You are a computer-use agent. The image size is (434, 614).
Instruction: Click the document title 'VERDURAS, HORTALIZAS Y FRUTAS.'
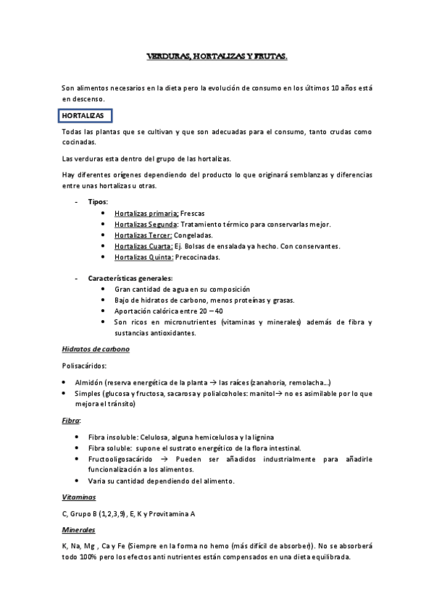[217, 56]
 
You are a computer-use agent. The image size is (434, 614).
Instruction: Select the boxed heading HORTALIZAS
[83, 116]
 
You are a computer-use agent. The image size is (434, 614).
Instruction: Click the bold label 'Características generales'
[130, 278]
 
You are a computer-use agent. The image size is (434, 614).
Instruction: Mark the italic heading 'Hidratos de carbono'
[96, 349]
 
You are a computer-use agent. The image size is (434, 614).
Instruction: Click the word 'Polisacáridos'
[85, 366]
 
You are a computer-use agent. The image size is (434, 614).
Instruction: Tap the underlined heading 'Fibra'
[70, 420]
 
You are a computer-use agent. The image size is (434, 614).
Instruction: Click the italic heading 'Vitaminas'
[79, 497]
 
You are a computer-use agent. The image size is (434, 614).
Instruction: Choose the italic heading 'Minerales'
[79, 530]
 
